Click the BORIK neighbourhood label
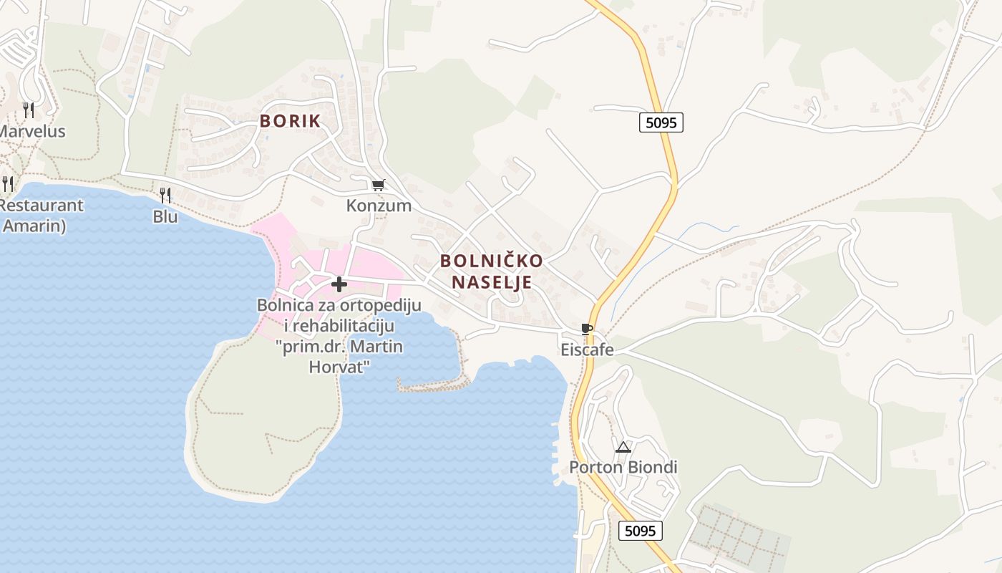pos(290,121)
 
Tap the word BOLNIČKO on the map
pos(491,261)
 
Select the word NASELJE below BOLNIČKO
pos(491,282)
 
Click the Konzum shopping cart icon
pos(378,186)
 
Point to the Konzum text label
pos(379,206)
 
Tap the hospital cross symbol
pos(339,284)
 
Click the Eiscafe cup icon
pos(587,329)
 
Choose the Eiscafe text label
pos(587,350)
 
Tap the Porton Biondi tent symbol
pos(623,448)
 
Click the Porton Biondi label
pos(623,468)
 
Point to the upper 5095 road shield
pos(661,122)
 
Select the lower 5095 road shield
pos(640,531)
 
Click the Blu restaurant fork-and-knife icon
pos(165,195)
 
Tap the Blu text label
pos(165,216)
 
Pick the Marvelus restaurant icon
pos(29,110)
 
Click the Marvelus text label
pos(32,132)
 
